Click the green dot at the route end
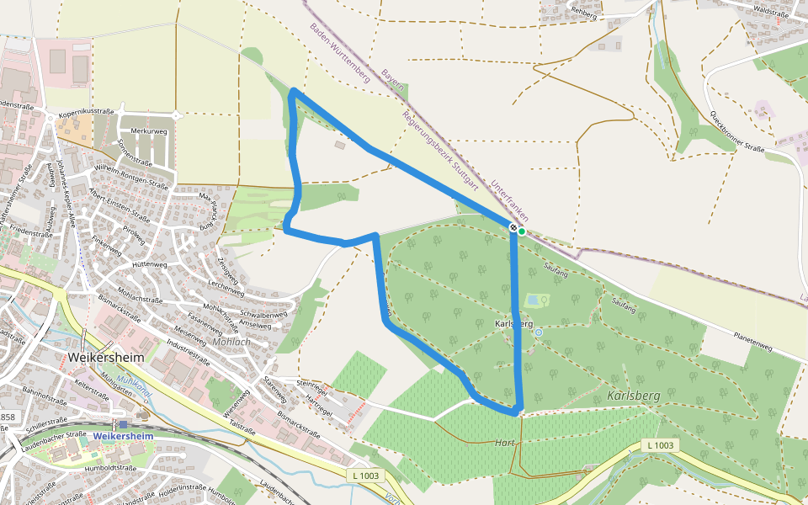click(x=522, y=231)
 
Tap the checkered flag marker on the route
click(x=513, y=227)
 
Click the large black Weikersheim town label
click(x=106, y=357)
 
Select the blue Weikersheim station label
click(x=123, y=436)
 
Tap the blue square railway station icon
click(x=123, y=424)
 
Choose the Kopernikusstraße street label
click(x=85, y=111)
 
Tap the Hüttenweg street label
click(x=149, y=263)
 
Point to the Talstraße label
click(x=242, y=428)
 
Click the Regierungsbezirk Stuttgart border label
click(x=440, y=150)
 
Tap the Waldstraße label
click(x=771, y=12)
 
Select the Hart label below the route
click(x=505, y=443)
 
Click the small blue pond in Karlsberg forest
click(x=533, y=300)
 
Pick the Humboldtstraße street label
click(x=111, y=468)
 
